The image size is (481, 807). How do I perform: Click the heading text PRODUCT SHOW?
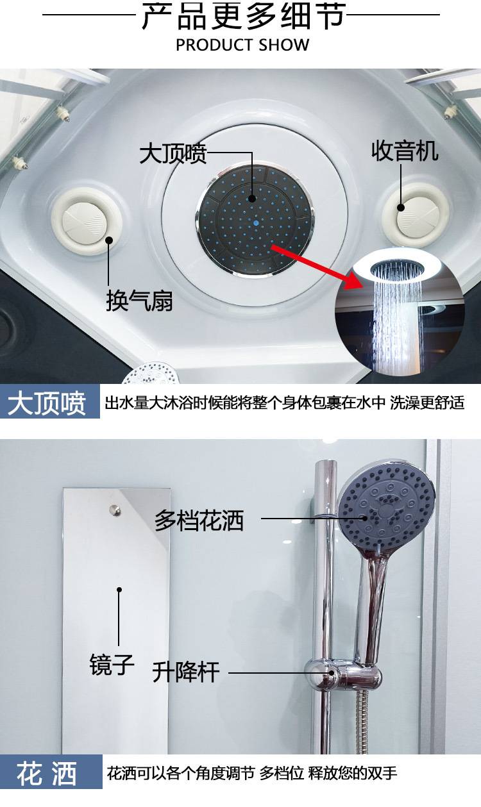[x=242, y=45]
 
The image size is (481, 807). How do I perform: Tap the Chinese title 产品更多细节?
[x=243, y=16]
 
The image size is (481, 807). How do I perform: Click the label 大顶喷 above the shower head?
[x=173, y=154]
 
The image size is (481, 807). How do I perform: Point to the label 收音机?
[x=405, y=151]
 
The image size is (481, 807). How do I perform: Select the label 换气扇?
[x=139, y=301]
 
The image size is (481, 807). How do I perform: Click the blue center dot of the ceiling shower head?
[x=256, y=223]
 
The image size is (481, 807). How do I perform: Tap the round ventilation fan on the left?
[x=87, y=221]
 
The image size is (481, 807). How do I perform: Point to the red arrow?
[x=317, y=265]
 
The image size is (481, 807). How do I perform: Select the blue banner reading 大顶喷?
[x=50, y=401]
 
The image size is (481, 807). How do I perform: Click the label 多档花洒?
[x=199, y=520]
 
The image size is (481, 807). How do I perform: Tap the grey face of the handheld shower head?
[x=387, y=508]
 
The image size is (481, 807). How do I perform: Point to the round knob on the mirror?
[x=115, y=510]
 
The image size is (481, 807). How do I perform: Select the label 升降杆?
[x=186, y=672]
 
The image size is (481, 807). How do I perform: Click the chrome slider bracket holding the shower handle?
[x=342, y=674]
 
